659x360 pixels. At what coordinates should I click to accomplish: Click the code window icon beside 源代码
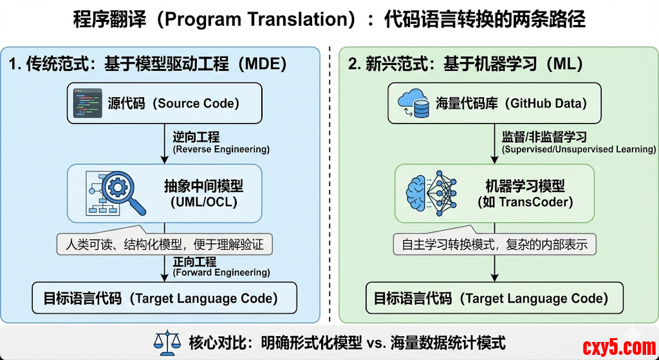(x=87, y=102)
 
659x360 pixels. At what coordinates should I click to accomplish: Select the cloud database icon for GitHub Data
(x=414, y=103)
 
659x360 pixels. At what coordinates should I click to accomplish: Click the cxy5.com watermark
(x=618, y=348)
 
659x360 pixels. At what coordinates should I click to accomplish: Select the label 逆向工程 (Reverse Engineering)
(x=221, y=142)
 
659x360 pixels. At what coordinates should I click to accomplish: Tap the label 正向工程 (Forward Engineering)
(x=221, y=266)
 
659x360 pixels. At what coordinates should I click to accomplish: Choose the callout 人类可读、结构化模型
(x=165, y=244)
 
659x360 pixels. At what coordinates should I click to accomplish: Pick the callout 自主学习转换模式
(x=495, y=244)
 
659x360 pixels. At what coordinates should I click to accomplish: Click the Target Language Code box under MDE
(x=165, y=298)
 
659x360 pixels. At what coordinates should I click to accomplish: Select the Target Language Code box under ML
(x=495, y=298)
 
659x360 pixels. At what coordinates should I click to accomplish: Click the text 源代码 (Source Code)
(x=173, y=103)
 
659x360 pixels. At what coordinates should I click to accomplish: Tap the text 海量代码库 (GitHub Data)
(x=511, y=103)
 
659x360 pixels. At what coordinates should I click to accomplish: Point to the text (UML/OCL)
(x=204, y=201)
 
